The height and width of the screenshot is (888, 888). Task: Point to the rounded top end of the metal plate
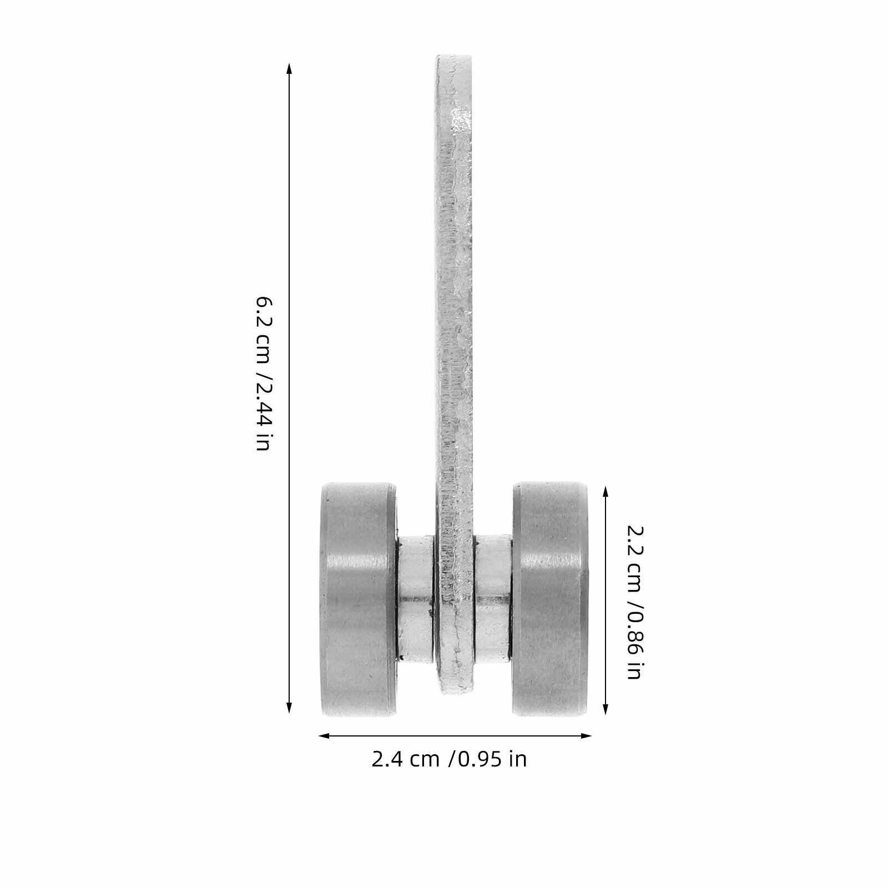(455, 58)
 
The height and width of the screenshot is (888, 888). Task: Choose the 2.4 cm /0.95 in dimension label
(449, 759)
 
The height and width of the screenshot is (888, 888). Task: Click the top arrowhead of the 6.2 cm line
(289, 68)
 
